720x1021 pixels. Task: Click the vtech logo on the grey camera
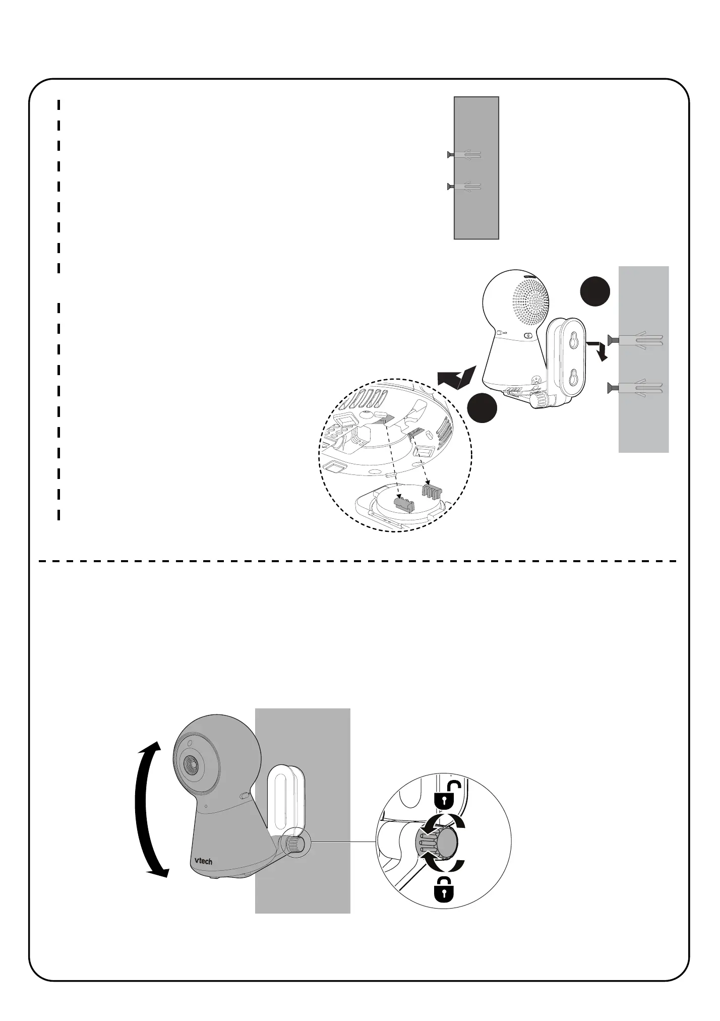pos(204,861)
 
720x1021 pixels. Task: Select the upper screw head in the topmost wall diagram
pos(449,155)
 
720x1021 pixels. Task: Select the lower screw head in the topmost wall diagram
pos(449,187)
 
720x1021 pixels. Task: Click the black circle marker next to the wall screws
pos(595,291)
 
